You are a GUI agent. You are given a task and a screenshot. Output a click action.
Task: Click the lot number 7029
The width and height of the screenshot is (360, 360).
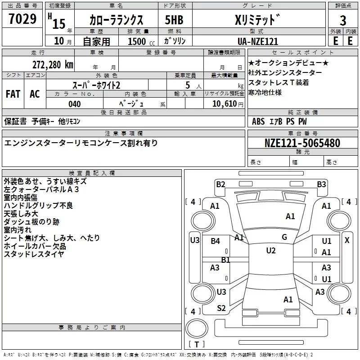(x=22, y=19)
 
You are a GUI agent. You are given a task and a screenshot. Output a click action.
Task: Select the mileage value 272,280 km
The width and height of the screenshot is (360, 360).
(x=53, y=65)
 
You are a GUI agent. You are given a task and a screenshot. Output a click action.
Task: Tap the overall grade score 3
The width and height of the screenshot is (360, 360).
(x=343, y=21)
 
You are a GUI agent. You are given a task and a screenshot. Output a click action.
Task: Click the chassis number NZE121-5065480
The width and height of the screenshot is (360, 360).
(x=302, y=143)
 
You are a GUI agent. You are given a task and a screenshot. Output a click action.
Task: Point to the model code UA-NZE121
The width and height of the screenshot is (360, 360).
(x=258, y=41)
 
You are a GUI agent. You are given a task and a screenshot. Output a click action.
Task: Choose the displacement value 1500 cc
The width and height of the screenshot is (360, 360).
(x=141, y=41)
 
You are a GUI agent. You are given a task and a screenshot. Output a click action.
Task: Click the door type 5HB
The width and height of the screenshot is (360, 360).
(x=174, y=20)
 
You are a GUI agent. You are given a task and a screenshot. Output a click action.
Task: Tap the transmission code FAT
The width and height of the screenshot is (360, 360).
(x=13, y=94)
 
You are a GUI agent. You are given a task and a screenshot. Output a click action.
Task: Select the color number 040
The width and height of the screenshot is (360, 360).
(x=75, y=104)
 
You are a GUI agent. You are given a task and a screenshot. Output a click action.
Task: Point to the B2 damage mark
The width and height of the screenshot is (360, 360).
(x=220, y=184)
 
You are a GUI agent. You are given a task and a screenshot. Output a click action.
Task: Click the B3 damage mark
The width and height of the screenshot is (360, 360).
(x=321, y=184)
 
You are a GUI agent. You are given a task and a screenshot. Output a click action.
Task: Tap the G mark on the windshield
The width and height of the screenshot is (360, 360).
(x=284, y=237)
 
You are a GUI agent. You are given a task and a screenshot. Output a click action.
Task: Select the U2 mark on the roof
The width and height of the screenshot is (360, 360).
(x=271, y=251)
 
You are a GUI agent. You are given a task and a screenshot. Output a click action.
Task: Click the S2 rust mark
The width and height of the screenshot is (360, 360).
(x=221, y=308)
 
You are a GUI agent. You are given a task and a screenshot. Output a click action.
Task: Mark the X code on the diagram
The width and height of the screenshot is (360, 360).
(x=347, y=240)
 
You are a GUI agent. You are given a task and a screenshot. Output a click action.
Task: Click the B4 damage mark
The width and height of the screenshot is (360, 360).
(x=215, y=241)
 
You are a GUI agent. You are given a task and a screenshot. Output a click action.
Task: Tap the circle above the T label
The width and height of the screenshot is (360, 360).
(x=197, y=328)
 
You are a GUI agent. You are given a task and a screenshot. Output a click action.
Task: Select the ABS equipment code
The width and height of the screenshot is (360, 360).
(x=258, y=121)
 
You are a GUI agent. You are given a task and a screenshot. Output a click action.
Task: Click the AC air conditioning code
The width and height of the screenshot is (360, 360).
(x=35, y=94)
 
